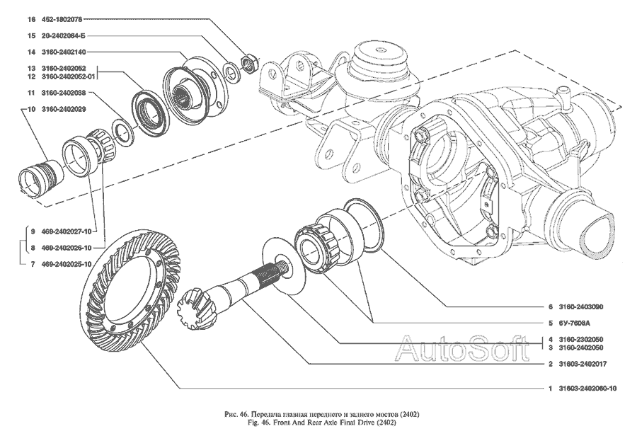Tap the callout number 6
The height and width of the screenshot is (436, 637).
coord(549,307)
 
